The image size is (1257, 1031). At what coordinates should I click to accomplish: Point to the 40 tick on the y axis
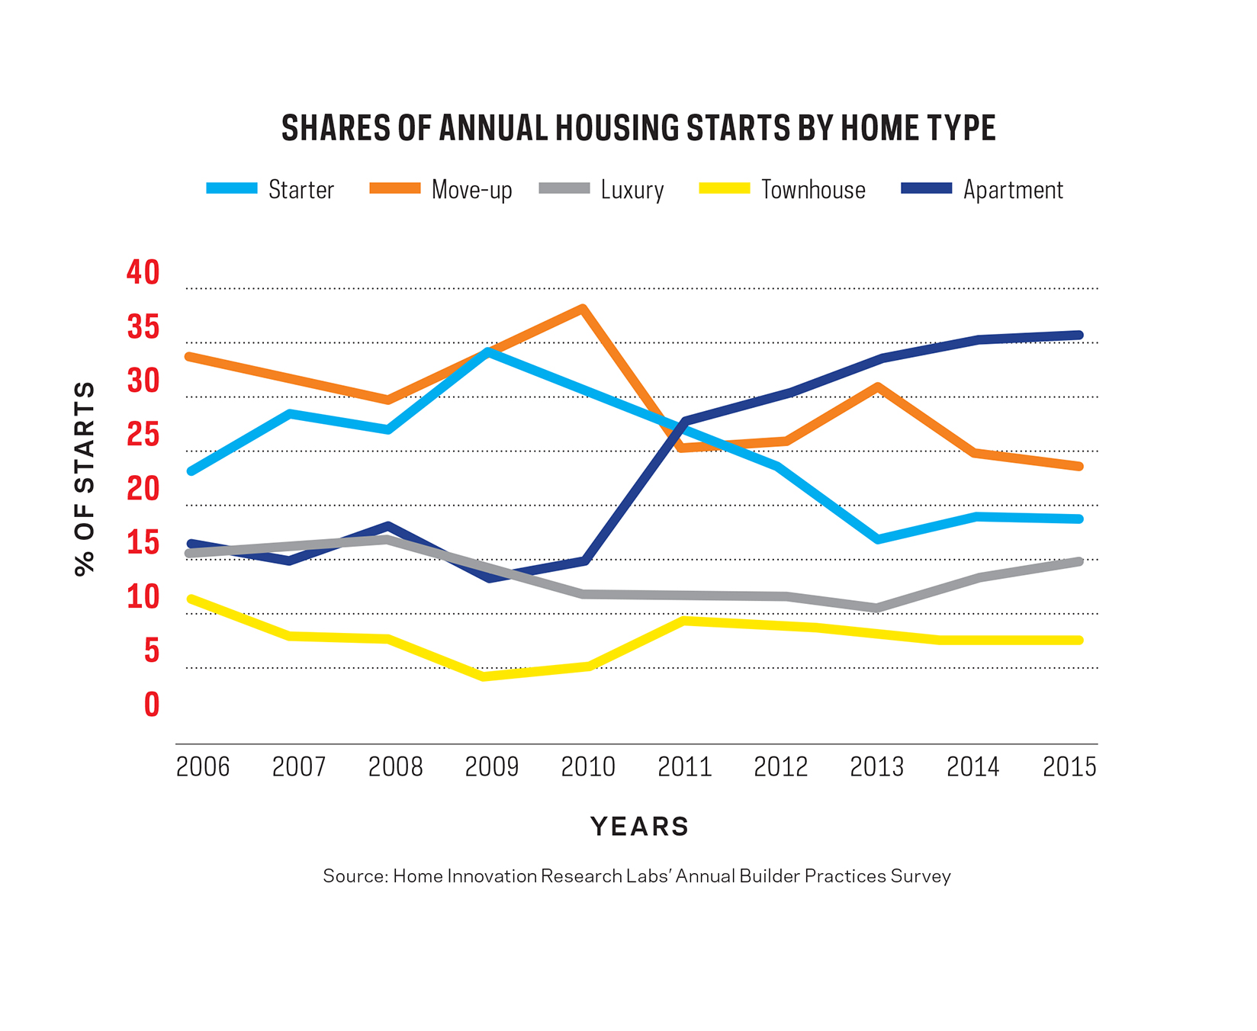coord(143,272)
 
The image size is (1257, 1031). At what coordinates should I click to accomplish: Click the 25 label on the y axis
coord(143,435)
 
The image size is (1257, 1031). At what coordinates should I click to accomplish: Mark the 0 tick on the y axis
coord(152,705)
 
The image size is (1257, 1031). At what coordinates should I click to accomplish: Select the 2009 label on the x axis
coord(491,766)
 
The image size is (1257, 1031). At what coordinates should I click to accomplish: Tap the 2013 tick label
coord(876,766)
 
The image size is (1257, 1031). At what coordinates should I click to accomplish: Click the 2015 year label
coord(1069,766)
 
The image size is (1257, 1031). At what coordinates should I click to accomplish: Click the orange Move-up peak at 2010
coord(582,310)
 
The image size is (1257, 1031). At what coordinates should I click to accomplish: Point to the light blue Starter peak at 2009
coord(487,352)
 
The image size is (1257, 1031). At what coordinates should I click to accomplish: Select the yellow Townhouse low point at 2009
coord(485,676)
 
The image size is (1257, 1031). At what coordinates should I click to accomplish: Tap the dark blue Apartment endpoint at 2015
coord(1078,335)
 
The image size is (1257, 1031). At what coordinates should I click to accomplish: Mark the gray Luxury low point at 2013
coord(877,608)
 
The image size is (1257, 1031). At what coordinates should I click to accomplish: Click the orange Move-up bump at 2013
coord(878,387)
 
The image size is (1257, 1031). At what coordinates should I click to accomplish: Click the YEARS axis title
coord(639,827)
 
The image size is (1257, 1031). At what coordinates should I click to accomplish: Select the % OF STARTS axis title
coord(85,479)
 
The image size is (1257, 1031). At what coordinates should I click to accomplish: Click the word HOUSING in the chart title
coord(617,128)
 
